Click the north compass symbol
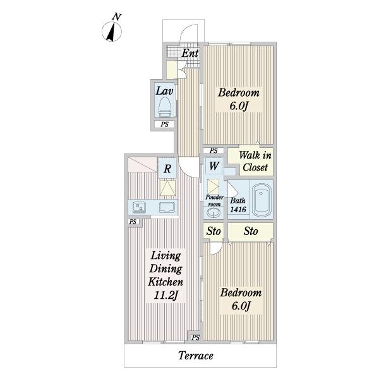coord(112,31)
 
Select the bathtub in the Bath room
coord(262,200)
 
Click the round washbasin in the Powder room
coord(214,213)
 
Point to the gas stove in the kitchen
coord(140,207)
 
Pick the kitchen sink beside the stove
coord(167,207)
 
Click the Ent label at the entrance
coord(190,53)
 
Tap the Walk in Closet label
coord(255,161)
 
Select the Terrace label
coord(196,356)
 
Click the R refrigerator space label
coord(167,169)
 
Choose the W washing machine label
coord(214,166)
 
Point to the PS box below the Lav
coord(165,124)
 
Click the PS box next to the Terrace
coord(196,337)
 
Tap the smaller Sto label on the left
coord(214,231)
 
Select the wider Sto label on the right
coord(251,231)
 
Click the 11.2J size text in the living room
coord(165,296)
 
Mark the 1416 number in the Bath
coord(238,210)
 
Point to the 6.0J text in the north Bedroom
coord(239,105)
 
